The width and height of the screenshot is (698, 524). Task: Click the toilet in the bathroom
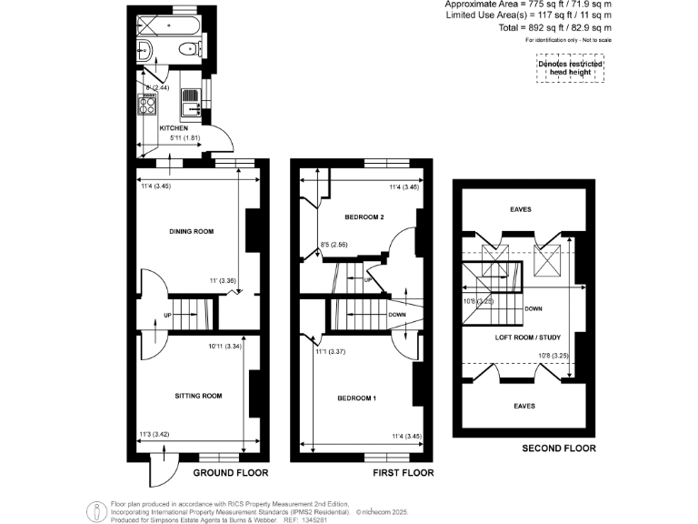pos(190,49)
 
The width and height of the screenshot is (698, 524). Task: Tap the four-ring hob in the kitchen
pos(145,105)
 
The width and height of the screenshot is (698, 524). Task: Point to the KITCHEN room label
pos(174,128)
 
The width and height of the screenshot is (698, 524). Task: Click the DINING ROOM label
pos(191,232)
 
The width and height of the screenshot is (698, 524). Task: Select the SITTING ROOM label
pos(198,396)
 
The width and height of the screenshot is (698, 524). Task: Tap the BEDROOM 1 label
pos(356,398)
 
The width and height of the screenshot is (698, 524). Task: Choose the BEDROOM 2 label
pos(364,218)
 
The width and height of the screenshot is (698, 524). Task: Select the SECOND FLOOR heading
pos(559,448)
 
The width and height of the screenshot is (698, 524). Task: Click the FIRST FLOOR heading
pos(403,473)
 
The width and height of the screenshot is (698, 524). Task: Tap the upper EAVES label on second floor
pos(521,209)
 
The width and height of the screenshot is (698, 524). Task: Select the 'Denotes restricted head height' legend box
pos(569,68)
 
